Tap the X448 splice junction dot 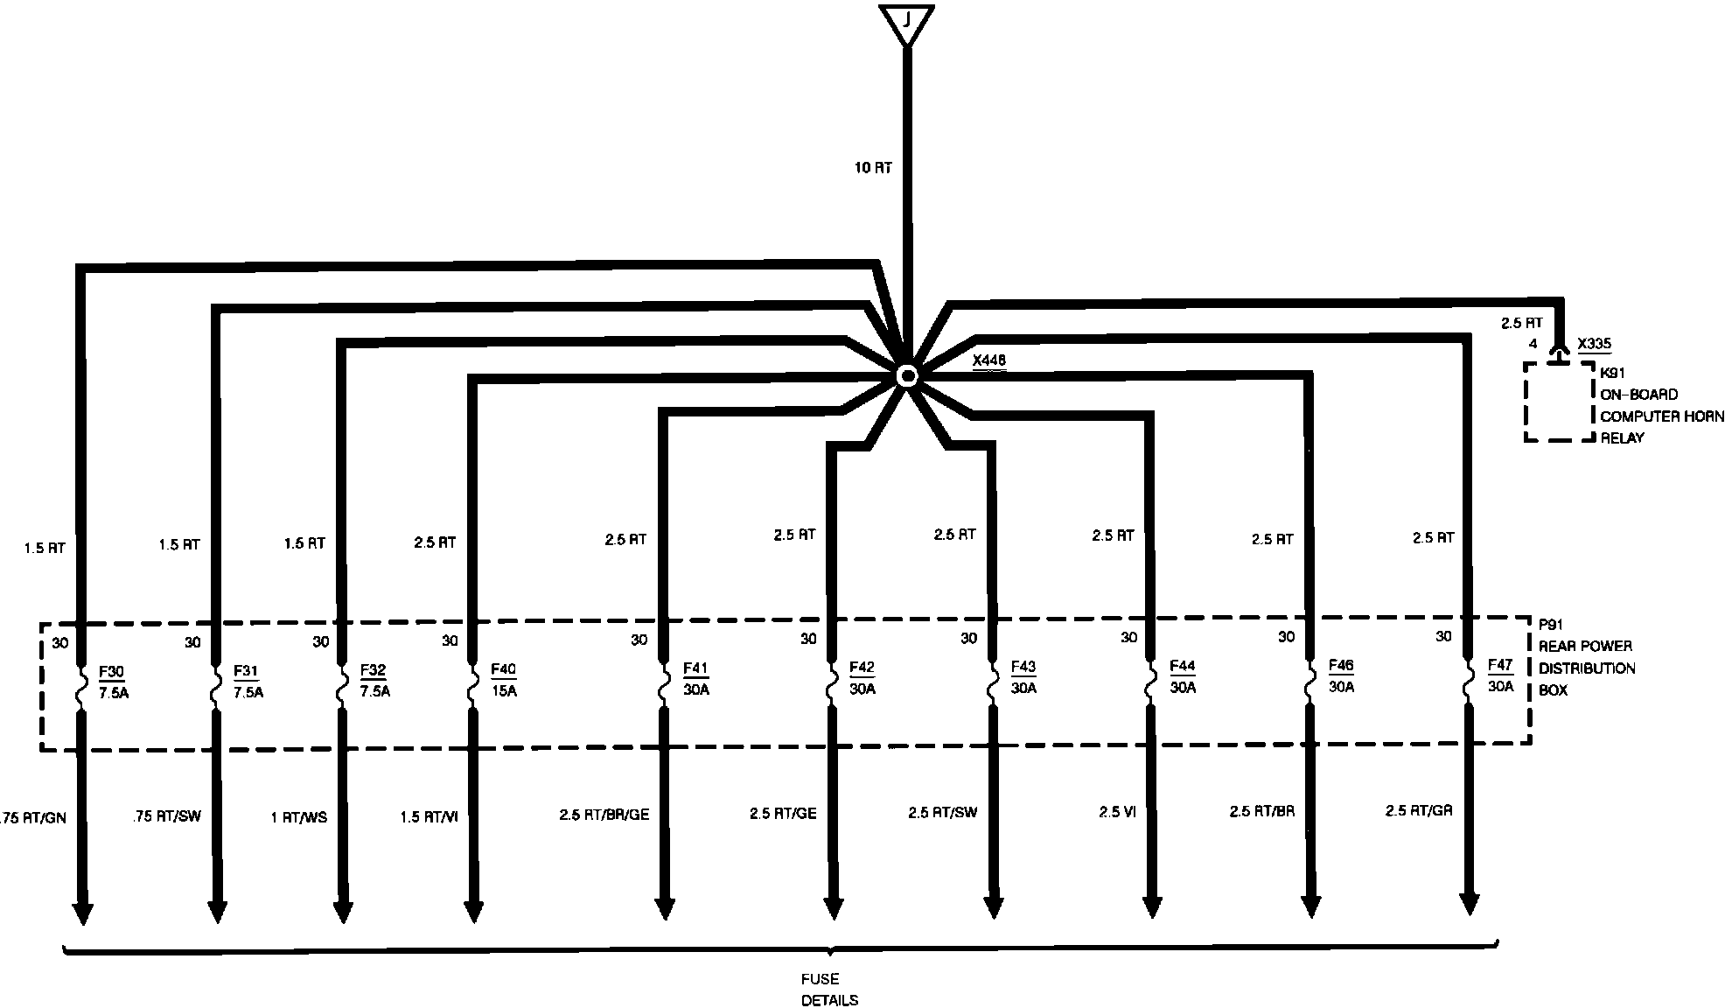[907, 376]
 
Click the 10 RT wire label [873, 168]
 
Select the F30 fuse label [111, 672]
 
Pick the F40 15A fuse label [503, 680]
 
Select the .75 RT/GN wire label [36, 818]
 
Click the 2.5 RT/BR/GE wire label [604, 815]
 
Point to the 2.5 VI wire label [1117, 812]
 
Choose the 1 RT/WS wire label [298, 817]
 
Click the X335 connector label [1594, 344]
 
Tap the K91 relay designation [1612, 373]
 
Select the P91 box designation [1551, 625]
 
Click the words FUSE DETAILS [828, 990]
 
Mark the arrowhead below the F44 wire [1152, 906]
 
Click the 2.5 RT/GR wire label [1418, 811]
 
